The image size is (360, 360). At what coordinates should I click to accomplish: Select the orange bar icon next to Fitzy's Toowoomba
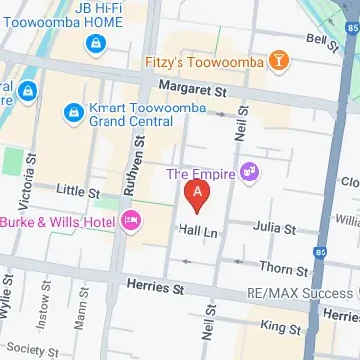281,61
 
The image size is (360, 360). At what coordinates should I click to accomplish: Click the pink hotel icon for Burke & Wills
130,219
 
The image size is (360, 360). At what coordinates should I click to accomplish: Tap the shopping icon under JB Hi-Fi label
96,42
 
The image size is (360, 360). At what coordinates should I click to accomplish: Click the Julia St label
275,230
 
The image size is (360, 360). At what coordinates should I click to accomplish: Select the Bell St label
319,38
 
